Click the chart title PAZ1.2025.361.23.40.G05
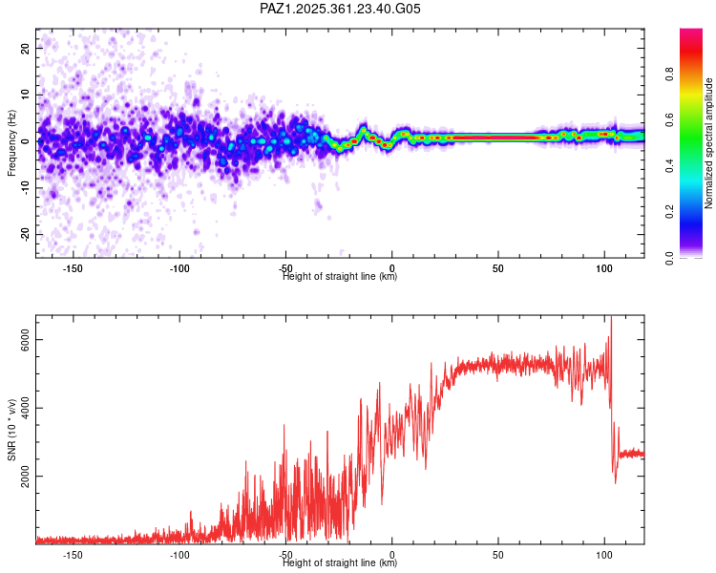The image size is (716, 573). (x=341, y=9)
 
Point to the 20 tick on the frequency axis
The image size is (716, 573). (x=26, y=48)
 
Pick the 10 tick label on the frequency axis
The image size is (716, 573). (x=26, y=95)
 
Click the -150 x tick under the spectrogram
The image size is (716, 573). (x=73, y=268)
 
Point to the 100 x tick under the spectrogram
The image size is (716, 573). (x=603, y=268)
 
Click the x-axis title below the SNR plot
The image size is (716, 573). (x=341, y=563)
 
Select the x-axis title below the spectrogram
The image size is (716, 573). (x=341, y=277)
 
